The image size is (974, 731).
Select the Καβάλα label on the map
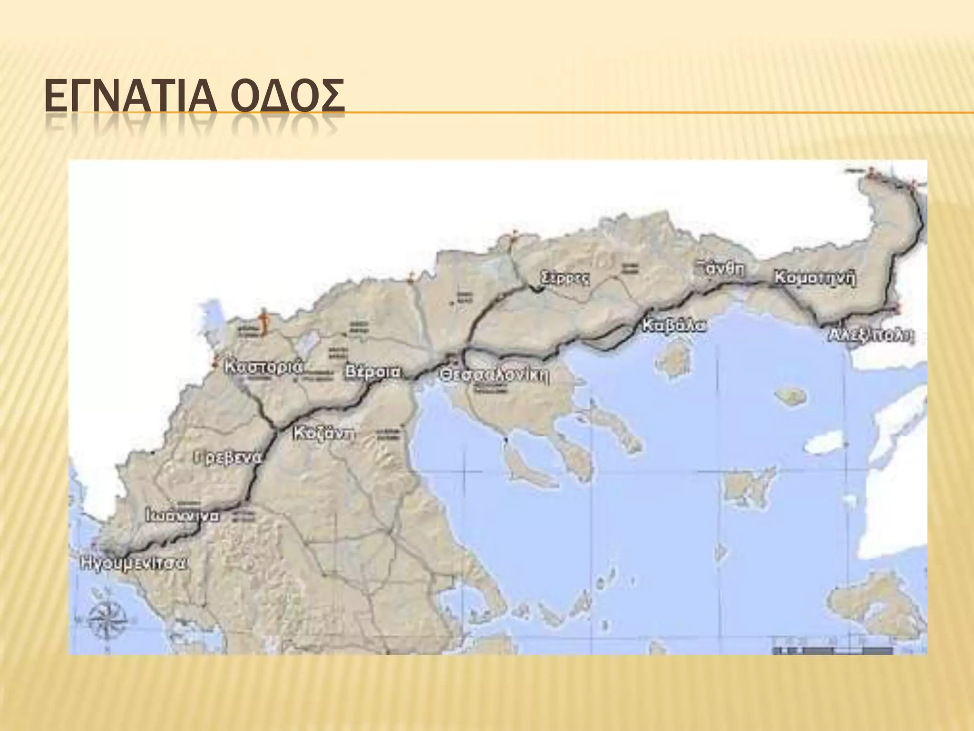(673, 326)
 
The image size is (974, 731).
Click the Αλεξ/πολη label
(870, 335)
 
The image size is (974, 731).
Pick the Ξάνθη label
(720, 268)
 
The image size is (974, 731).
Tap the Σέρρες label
(566, 278)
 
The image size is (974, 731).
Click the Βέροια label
(373, 372)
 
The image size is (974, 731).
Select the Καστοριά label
(263, 367)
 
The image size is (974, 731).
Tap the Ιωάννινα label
(183, 516)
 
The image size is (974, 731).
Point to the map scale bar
(832, 650)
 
